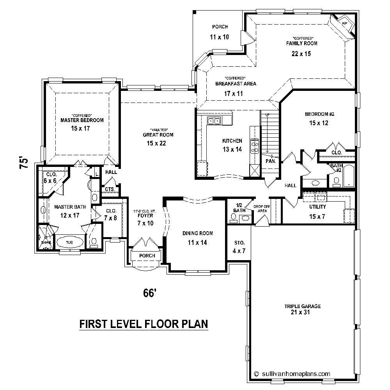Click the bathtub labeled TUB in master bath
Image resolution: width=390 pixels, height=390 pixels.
69,242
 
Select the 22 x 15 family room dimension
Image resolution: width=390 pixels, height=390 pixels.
301,54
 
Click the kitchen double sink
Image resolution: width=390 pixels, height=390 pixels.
214,121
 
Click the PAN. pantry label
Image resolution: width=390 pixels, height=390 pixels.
271,161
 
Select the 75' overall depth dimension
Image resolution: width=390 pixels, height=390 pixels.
24,163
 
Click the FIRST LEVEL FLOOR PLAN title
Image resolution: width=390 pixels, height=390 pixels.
144,324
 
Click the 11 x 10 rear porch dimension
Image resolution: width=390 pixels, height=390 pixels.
220,37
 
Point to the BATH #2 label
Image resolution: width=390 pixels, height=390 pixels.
336,168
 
